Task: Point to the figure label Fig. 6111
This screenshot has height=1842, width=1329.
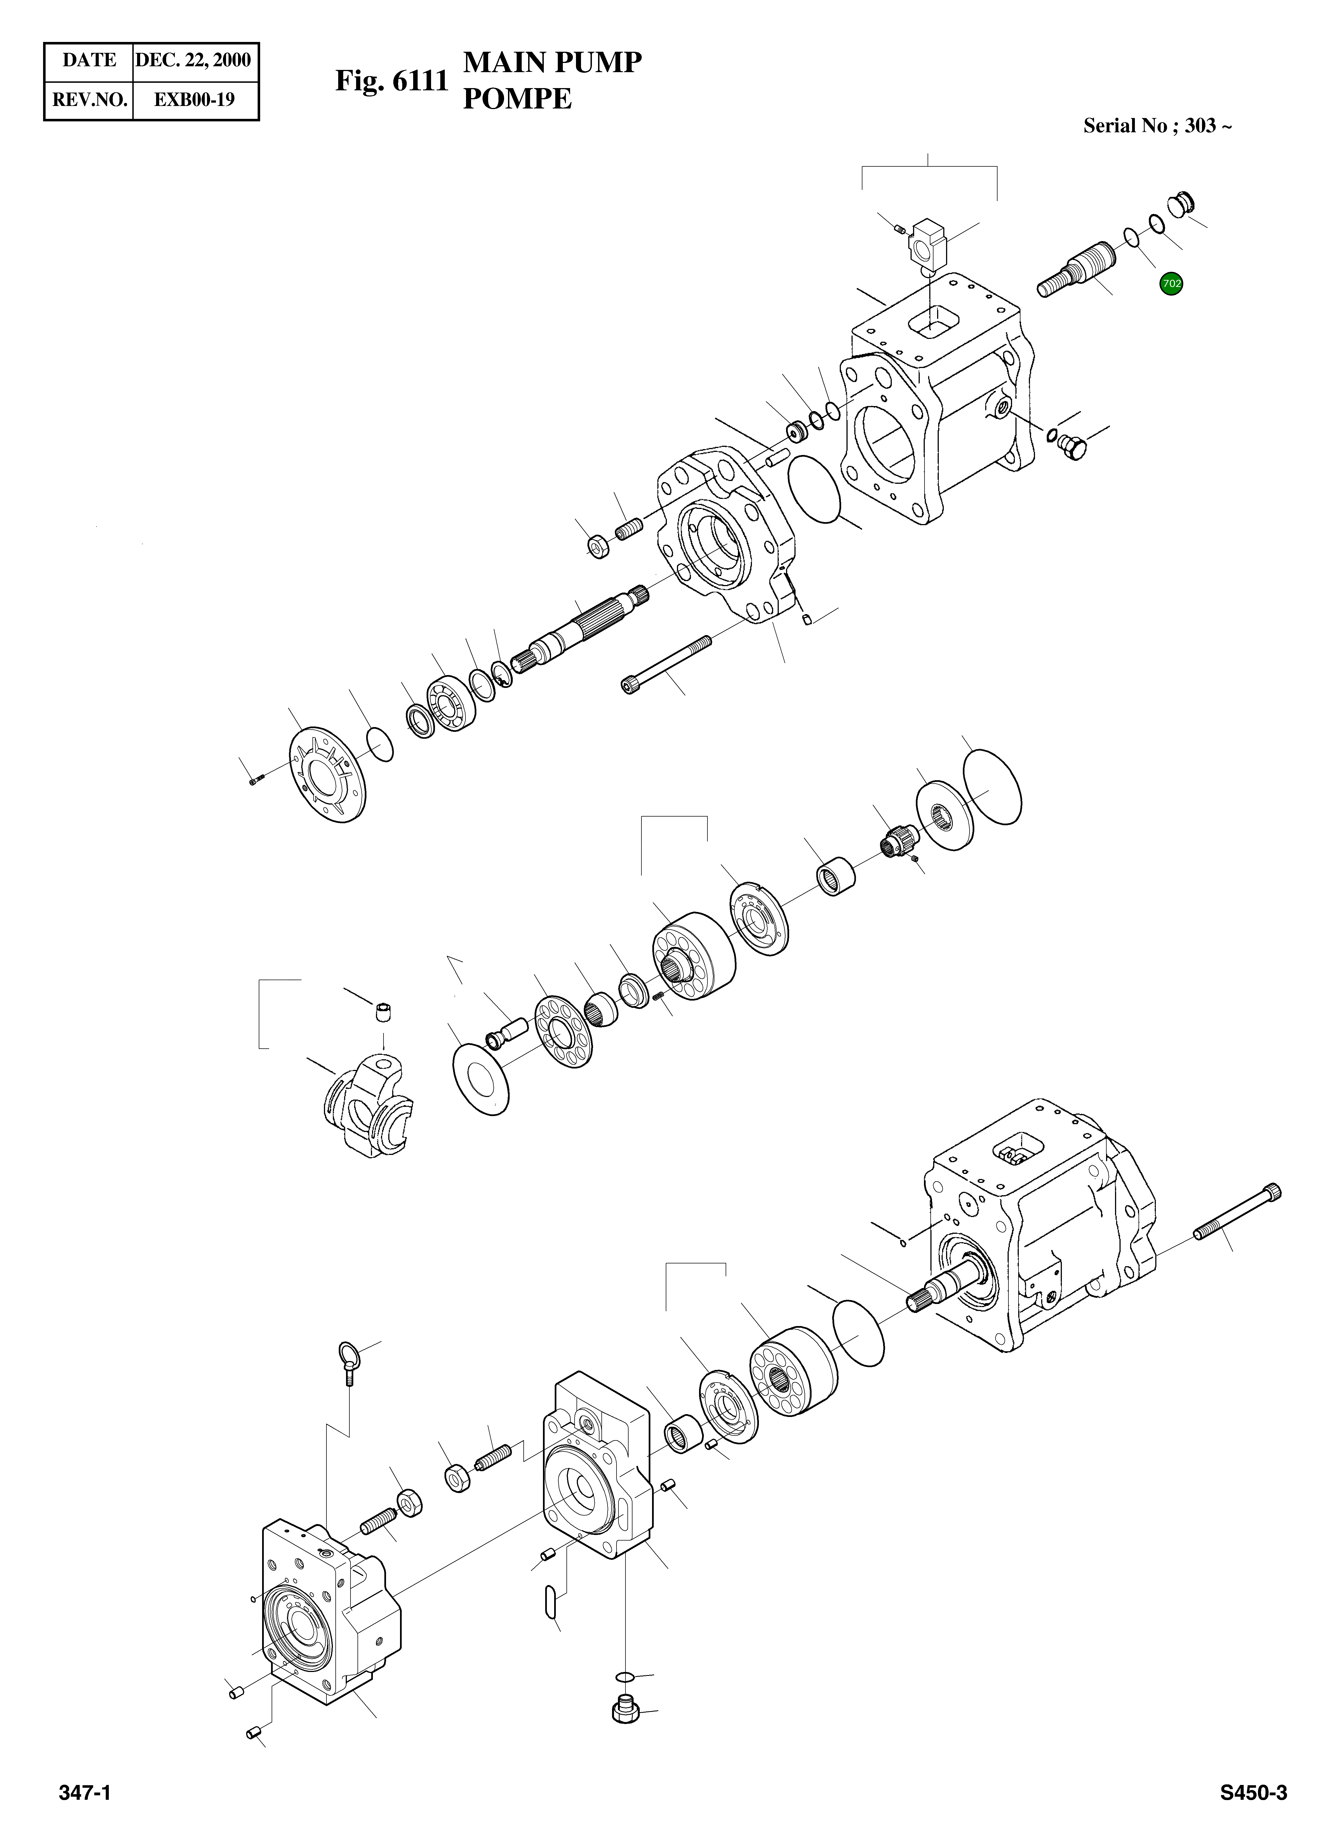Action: [392, 81]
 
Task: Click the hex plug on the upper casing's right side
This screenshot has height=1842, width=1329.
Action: [1074, 447]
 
